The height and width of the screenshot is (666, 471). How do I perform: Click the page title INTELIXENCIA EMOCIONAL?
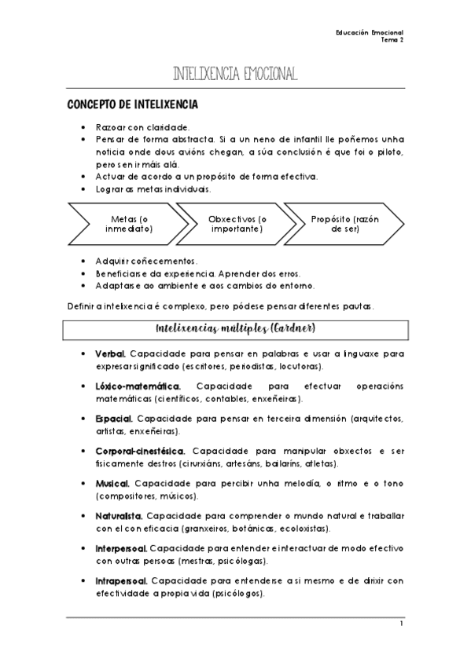(235, 75)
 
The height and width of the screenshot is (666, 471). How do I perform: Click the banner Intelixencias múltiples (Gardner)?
(236, 326)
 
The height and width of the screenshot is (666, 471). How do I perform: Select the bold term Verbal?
(109, 354)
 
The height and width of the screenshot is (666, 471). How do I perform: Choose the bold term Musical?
(112, 484)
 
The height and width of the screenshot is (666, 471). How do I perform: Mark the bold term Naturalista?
(118, 516)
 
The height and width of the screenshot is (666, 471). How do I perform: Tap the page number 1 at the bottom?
(400, 624)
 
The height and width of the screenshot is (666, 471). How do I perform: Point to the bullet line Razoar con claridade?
(142, 126)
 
